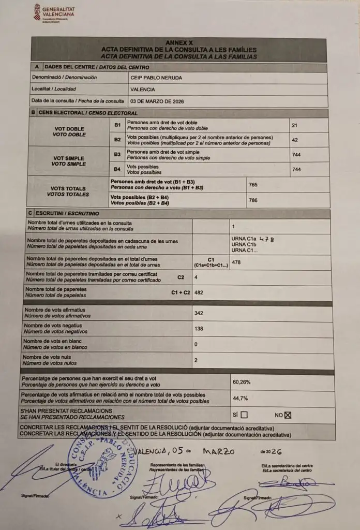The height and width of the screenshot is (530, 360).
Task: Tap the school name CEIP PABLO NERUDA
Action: tap(156, 78)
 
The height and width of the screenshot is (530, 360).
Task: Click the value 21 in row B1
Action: tap(295, 125)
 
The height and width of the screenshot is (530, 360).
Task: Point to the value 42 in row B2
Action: tap(295, 140)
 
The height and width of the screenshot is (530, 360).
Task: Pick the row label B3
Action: tap(117, 154)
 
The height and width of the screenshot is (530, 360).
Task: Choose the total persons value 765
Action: tap(253, 185)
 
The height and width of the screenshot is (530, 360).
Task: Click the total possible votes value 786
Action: tap(253, 200)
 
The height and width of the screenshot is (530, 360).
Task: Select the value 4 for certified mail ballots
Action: tap(196, 277)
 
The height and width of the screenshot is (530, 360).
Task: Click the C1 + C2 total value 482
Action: tap(199, 293)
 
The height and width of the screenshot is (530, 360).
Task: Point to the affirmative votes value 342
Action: tap(199, 313)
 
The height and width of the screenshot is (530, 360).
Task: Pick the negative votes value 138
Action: tap(199, 329)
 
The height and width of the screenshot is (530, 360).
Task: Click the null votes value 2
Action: tap(196, 360)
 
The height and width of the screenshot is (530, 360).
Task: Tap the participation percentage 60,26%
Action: tap(242, 382)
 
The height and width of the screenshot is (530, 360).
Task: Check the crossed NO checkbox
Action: tap(289, 414)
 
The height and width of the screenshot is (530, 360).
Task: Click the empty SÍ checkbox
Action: tap(244, 415)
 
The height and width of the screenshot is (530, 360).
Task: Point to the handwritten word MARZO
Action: tap(218, 451)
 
